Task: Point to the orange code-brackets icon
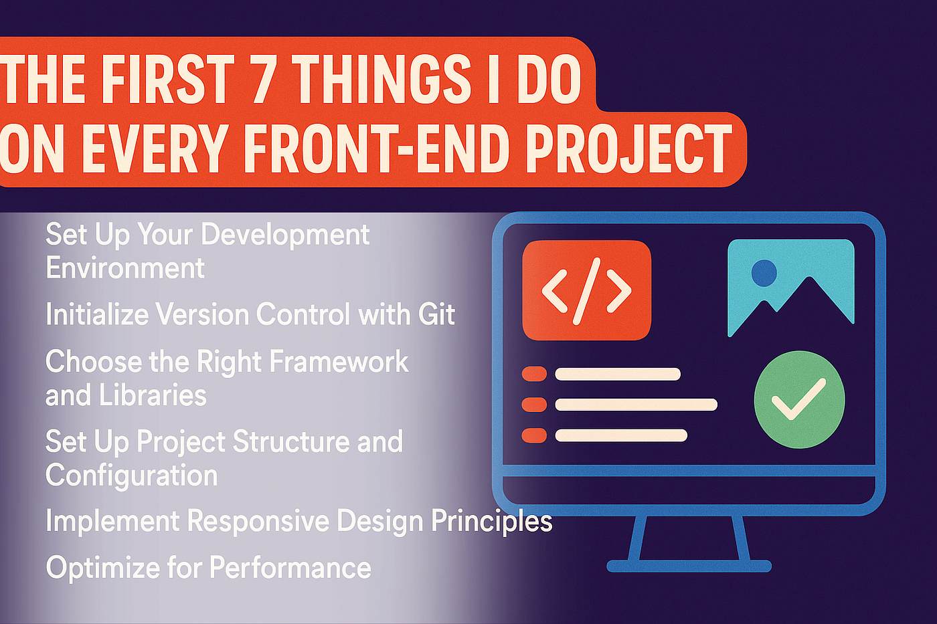pyautogui.click(x=587, y=290)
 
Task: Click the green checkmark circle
pyautogui.click(x=799, y=400)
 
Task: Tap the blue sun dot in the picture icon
pyautogui.click(x=764, y=273)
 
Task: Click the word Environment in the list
pyautogui.click(x=125, y=268)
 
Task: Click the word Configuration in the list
pyautogui.click(x=131, y=476)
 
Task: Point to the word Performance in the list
pyautogui.click(x=290, y=567)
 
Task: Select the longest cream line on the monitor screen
pyautogui.click(x=636, y=405)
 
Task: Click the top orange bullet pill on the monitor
pyautogui.click(x=534, y=374)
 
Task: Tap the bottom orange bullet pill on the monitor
pyautogui.click(x=534, y=435)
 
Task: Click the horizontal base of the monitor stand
pyautogui.click(x=689, y=566)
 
